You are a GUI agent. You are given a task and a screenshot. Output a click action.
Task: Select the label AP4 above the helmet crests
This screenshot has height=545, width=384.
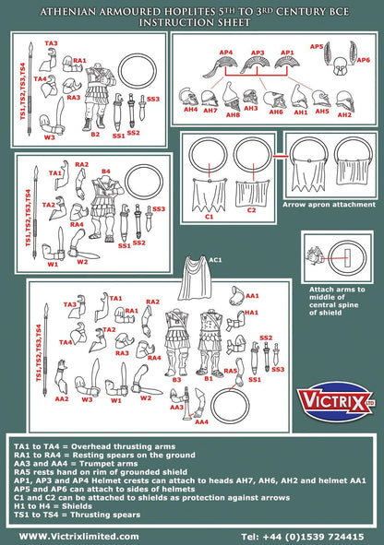(226, 53)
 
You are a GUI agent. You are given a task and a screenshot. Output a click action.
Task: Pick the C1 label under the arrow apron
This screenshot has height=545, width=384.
(209, 217)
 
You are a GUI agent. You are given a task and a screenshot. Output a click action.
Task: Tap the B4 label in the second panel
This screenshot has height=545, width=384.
(105, 172)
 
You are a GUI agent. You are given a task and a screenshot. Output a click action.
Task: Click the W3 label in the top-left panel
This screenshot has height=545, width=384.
(50, 137)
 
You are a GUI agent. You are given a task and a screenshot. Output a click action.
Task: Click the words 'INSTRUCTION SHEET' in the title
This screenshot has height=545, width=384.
(191, 18)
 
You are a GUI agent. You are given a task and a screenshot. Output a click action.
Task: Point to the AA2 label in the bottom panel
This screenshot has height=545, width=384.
(62, 399)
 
